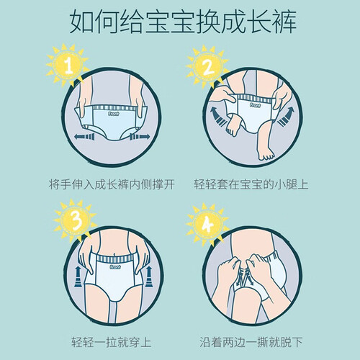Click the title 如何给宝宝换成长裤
pos(183,22)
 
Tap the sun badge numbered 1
pos(68,66)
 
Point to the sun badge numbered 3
pos(76,220)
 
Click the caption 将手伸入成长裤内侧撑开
pos(112,184)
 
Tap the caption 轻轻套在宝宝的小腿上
pos(251,184)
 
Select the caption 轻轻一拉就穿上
pos(111,342)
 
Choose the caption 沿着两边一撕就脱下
pos(251,342)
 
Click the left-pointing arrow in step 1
pos(84,137)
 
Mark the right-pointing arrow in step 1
pos(140,137)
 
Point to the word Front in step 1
pos(113,114)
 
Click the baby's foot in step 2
pos(266,153)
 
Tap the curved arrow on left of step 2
pos(217,117)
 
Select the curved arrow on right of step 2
pos(286,117)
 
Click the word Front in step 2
pos(255,105)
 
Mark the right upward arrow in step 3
pos(149,276)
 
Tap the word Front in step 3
pos(115,267)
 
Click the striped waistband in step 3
pos(114,259)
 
